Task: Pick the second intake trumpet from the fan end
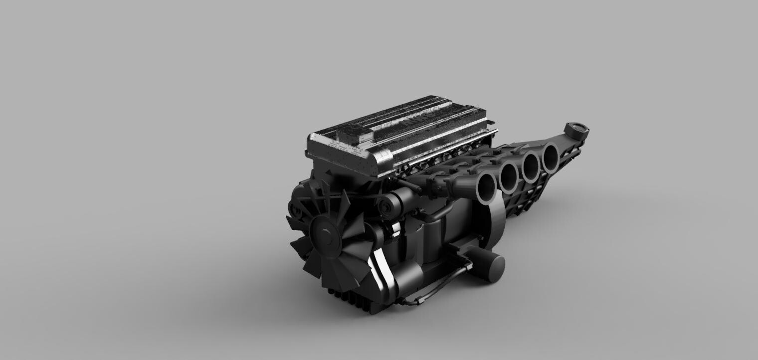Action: pos(509,177)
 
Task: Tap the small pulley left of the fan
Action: pos(295,209)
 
